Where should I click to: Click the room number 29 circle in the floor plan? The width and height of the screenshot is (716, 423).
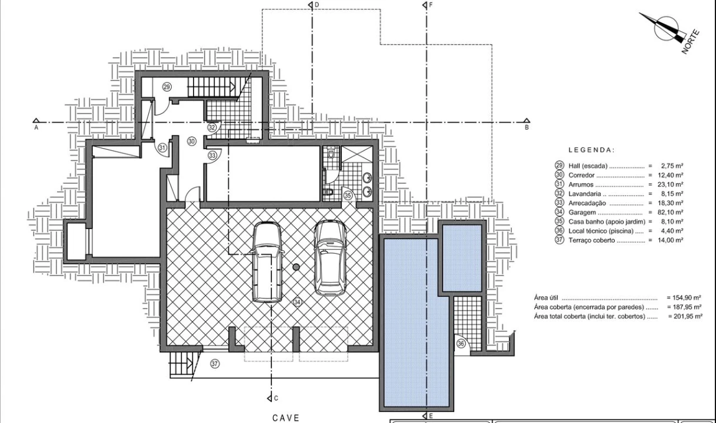[167, 87]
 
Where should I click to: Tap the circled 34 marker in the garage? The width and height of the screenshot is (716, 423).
[297, 302]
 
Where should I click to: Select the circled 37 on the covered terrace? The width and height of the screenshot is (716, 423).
[215, 364]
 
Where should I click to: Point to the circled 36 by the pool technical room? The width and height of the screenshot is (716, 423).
[461, 344]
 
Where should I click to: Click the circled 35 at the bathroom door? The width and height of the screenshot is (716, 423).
[348, 196]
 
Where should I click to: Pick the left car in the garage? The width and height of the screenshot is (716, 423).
[267, 262]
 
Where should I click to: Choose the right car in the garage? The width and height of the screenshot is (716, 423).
[331, 257]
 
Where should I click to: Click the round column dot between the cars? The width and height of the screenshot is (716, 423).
[296, 267]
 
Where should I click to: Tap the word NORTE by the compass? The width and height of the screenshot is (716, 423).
[691, 42]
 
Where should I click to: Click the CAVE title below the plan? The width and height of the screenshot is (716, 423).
[286, 418]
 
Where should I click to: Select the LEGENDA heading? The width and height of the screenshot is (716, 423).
[591, 150]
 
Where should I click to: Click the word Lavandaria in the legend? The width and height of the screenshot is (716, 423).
[585, 194]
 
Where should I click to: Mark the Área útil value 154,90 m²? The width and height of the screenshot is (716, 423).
[684, 297]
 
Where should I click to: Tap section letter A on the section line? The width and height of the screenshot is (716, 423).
[36, 127]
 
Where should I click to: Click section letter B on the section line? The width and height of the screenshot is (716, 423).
[527, 127]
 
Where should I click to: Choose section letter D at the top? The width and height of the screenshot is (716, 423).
[317, 5]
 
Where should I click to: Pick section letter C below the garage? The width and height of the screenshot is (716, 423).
[276, 398]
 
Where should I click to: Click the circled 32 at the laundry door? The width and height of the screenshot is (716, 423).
[212, 127]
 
